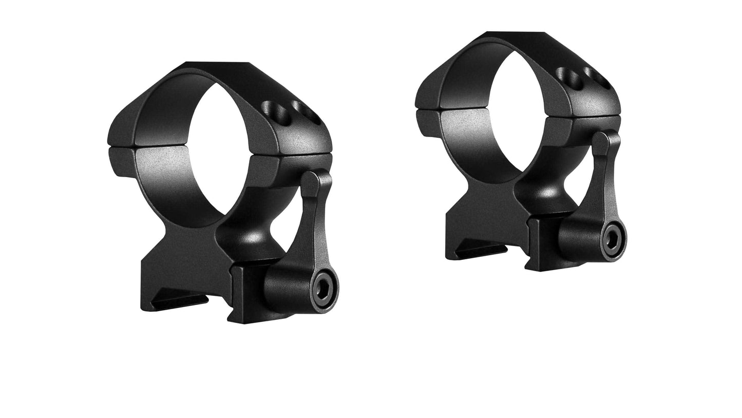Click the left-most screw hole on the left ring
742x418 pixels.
[269, 109]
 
